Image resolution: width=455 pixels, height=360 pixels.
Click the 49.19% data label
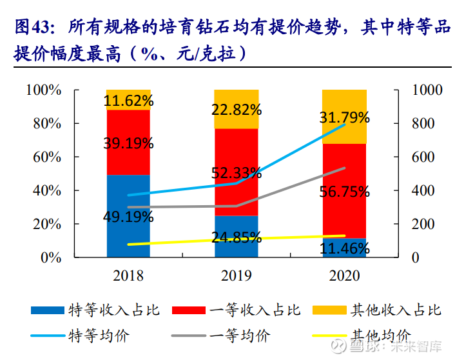point(128,217)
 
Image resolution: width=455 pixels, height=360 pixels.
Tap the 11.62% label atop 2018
point(128,101)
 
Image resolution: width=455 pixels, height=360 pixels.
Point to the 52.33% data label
point(236,172)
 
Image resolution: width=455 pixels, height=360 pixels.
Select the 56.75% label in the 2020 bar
point(344,191)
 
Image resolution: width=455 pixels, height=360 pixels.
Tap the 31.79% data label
point(344,117)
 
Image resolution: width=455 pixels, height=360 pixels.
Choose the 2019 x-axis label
point(236,276)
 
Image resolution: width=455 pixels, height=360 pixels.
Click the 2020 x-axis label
point(344,276)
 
